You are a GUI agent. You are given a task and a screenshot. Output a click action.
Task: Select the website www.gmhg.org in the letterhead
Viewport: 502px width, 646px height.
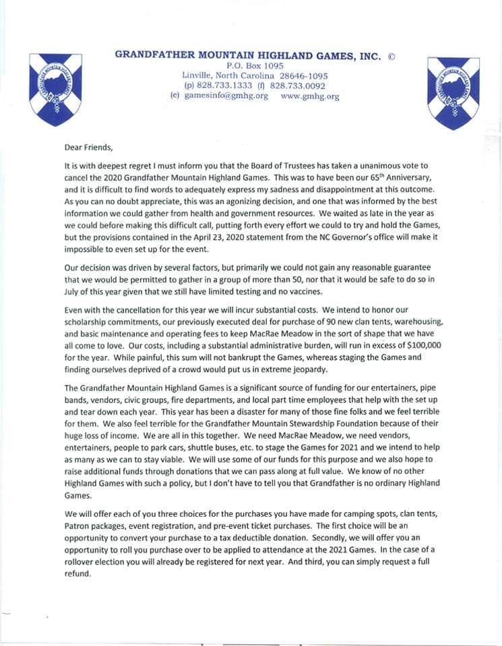click(x=309, y=96)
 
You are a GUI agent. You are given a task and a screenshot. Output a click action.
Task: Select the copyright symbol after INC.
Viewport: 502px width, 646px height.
click(x=391, y=56)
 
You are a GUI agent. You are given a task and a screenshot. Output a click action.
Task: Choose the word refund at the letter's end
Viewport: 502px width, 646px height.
click(x=77, y=575)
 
